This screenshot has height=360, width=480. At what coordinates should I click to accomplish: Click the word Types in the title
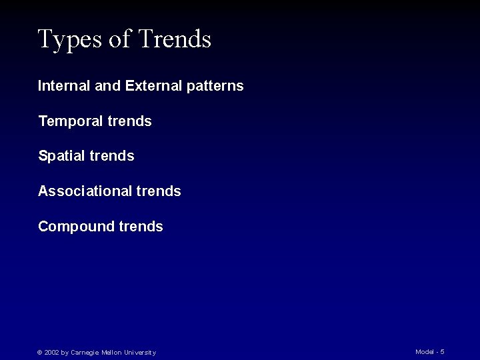point(69,40)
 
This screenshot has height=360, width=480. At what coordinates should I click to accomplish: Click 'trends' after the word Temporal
point(130,121)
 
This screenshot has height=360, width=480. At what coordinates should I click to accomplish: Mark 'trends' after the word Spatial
point(112,156)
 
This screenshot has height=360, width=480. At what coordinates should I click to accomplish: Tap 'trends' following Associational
point(159,191)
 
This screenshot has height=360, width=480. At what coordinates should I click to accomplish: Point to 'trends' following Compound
point(141,227)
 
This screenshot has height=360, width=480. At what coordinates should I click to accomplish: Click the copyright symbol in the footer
point(40,353)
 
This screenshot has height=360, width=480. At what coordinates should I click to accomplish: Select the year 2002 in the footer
point(51,353)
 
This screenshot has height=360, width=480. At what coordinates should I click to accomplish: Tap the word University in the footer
point(140,353)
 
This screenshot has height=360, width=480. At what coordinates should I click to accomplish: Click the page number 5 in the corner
point(442,351)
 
